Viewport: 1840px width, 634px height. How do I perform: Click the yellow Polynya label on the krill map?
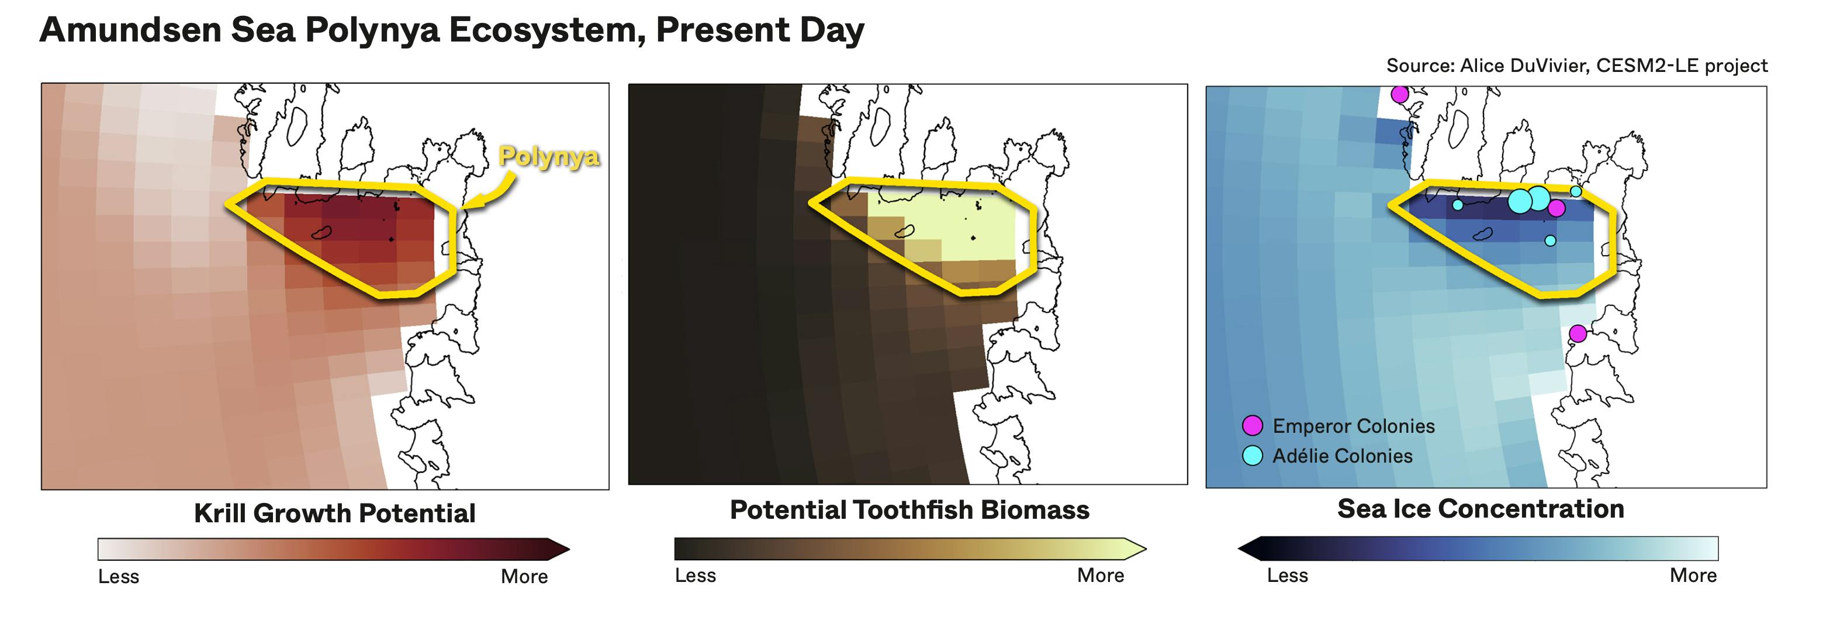(549, 157)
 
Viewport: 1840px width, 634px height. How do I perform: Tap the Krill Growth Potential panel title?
(334, 513)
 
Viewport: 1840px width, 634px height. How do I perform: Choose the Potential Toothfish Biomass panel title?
(909, 509)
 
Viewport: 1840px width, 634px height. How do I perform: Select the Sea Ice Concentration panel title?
(1481, 508)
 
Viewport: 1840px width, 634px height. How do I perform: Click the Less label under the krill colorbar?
(119, 576)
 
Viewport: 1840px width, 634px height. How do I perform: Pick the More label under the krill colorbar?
(524, 576)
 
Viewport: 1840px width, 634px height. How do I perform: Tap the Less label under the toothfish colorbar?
(695, 575)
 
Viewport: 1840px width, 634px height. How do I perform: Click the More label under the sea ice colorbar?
(1693, 575)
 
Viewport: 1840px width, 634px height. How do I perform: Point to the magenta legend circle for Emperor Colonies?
(1252, 426)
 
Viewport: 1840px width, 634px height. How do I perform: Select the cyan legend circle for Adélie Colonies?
(1252, 455)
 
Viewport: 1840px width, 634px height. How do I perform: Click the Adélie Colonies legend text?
(1343, 456)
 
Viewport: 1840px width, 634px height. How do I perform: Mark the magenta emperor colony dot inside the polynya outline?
(1557, 208)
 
